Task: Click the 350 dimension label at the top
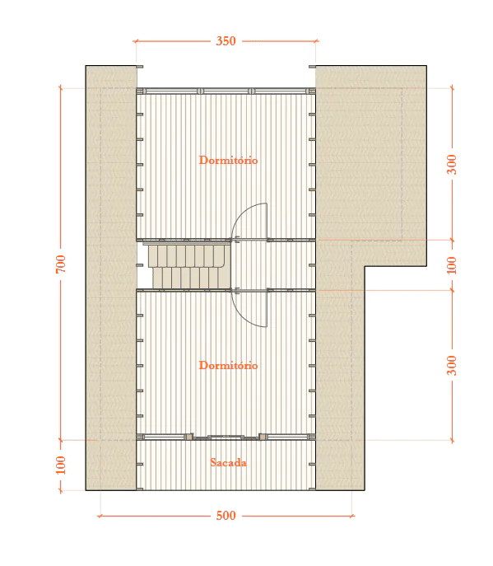tap(226, 41)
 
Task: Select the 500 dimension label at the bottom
tap(226, 516)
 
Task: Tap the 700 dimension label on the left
tap(61, 264)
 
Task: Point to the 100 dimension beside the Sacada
tap(61, 465)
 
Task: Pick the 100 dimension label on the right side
tap(452, 265)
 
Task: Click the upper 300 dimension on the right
tap(452, 165)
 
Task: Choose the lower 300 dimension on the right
tap(452, 365)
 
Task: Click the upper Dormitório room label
tap(228, 160)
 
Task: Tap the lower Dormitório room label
tap(228, 365)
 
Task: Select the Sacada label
tap(228, 462)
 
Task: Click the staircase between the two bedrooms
tap(189, 266)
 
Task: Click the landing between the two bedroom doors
tap(273, 265)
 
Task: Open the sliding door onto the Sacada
tap(226, 437)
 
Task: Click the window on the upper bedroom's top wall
tap(226, 91)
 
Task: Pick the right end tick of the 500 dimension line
tap(352, 516)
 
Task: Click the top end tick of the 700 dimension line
tap(61, 87)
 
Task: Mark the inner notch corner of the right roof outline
tap(365, 266)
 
